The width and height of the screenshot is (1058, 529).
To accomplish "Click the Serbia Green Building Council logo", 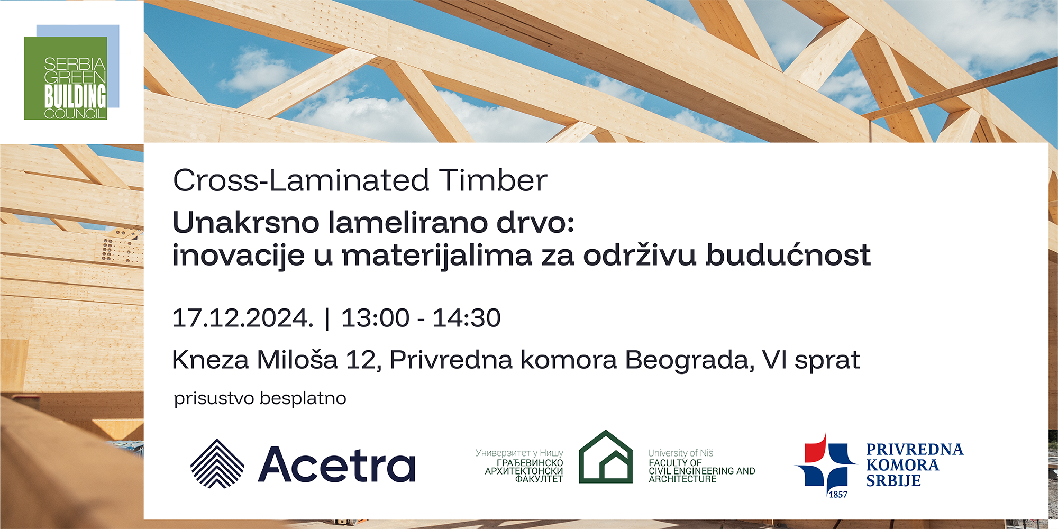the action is [72, 72].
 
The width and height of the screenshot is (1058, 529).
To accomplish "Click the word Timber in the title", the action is [492, 180].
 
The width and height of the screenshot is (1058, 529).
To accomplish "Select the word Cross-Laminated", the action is [301, 180].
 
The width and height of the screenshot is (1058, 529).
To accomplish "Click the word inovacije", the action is [239, 255].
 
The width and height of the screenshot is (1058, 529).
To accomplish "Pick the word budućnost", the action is [788, 255].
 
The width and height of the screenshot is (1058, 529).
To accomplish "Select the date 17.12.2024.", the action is [243, 318].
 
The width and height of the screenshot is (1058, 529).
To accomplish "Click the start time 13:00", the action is [376, 318].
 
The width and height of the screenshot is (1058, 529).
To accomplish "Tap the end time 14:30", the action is [467, 318].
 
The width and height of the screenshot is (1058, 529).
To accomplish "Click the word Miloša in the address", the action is [297, 360].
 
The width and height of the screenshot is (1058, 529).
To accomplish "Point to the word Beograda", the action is [690, 361].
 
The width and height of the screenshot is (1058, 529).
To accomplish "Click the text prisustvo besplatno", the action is [260, 398].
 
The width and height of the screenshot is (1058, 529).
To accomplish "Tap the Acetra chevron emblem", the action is [217, 463].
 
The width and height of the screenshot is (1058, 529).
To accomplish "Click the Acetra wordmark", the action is [337, 464].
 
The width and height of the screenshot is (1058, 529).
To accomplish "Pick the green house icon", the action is [606, 457].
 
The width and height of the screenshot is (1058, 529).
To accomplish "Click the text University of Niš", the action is [681, 453].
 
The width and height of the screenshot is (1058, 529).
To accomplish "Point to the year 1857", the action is [838, 495].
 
